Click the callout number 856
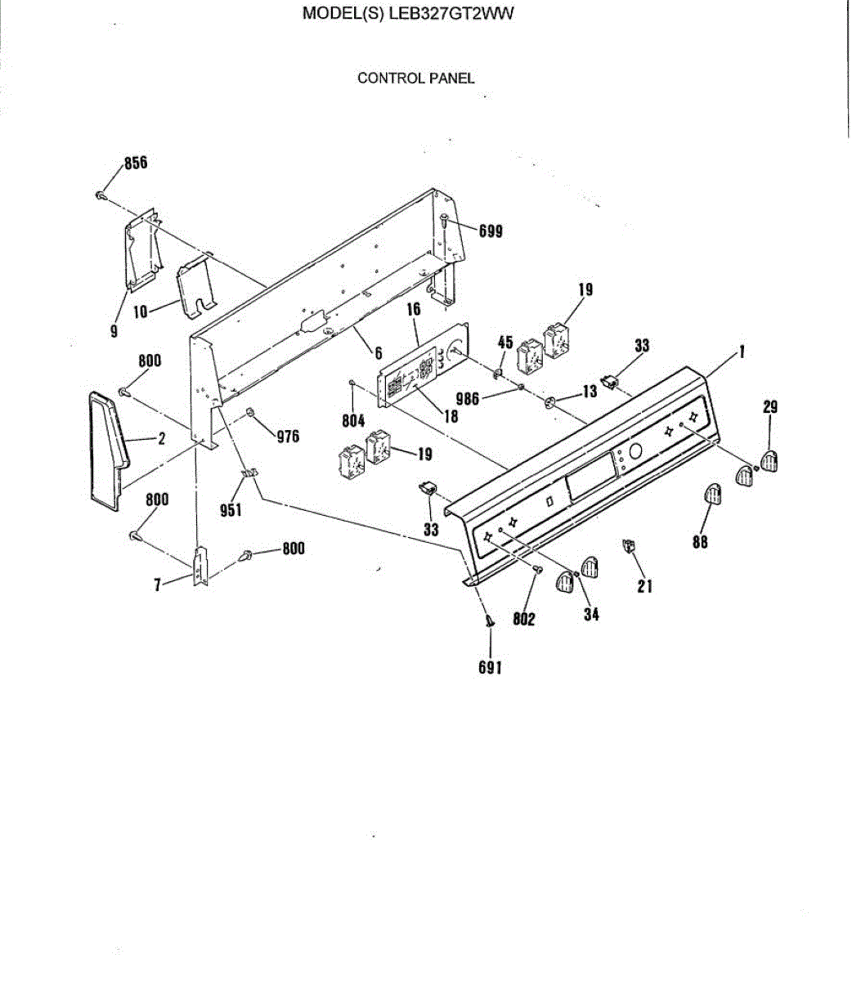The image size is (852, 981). tap(136, 163)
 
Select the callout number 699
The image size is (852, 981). tap(491, 231)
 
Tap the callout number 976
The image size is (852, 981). tap(287, 437)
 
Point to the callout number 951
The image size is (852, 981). tap(231, 510)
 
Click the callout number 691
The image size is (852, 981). tap(490, 667)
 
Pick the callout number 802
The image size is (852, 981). tap(524, 619)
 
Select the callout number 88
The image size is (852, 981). tap(700, 541)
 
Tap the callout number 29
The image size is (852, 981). tap(770, 407)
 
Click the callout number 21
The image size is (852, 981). tap(644, 585)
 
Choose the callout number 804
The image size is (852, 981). tap(353, 422)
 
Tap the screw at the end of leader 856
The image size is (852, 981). tap(100, 195)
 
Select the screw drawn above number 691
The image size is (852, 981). tap(489, 623)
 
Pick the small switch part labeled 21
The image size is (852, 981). tap(629, 545)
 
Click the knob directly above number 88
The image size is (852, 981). tap(713, 495)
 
